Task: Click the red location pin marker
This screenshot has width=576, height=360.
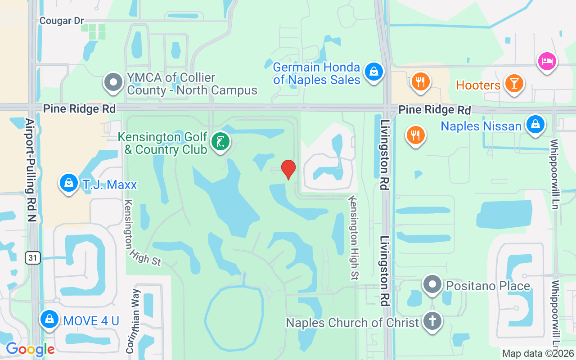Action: (288, 170)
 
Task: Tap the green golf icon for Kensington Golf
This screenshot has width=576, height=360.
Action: (220, 142)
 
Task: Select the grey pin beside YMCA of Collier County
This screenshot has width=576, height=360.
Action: (113, 82)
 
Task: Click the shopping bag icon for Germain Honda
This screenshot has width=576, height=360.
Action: (373, 71)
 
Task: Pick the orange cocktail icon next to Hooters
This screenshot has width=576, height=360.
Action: (513, 83)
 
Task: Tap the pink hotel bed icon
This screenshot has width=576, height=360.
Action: (547, 61)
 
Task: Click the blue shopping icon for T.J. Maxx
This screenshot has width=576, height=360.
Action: (68, 183)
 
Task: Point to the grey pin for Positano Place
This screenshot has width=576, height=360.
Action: (432, 284)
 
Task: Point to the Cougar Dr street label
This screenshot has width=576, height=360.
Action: (62, 21)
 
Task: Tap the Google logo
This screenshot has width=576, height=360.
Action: (30, 349)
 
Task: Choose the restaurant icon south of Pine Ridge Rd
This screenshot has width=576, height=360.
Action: (415, 134)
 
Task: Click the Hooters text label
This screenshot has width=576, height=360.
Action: (478, 85)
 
